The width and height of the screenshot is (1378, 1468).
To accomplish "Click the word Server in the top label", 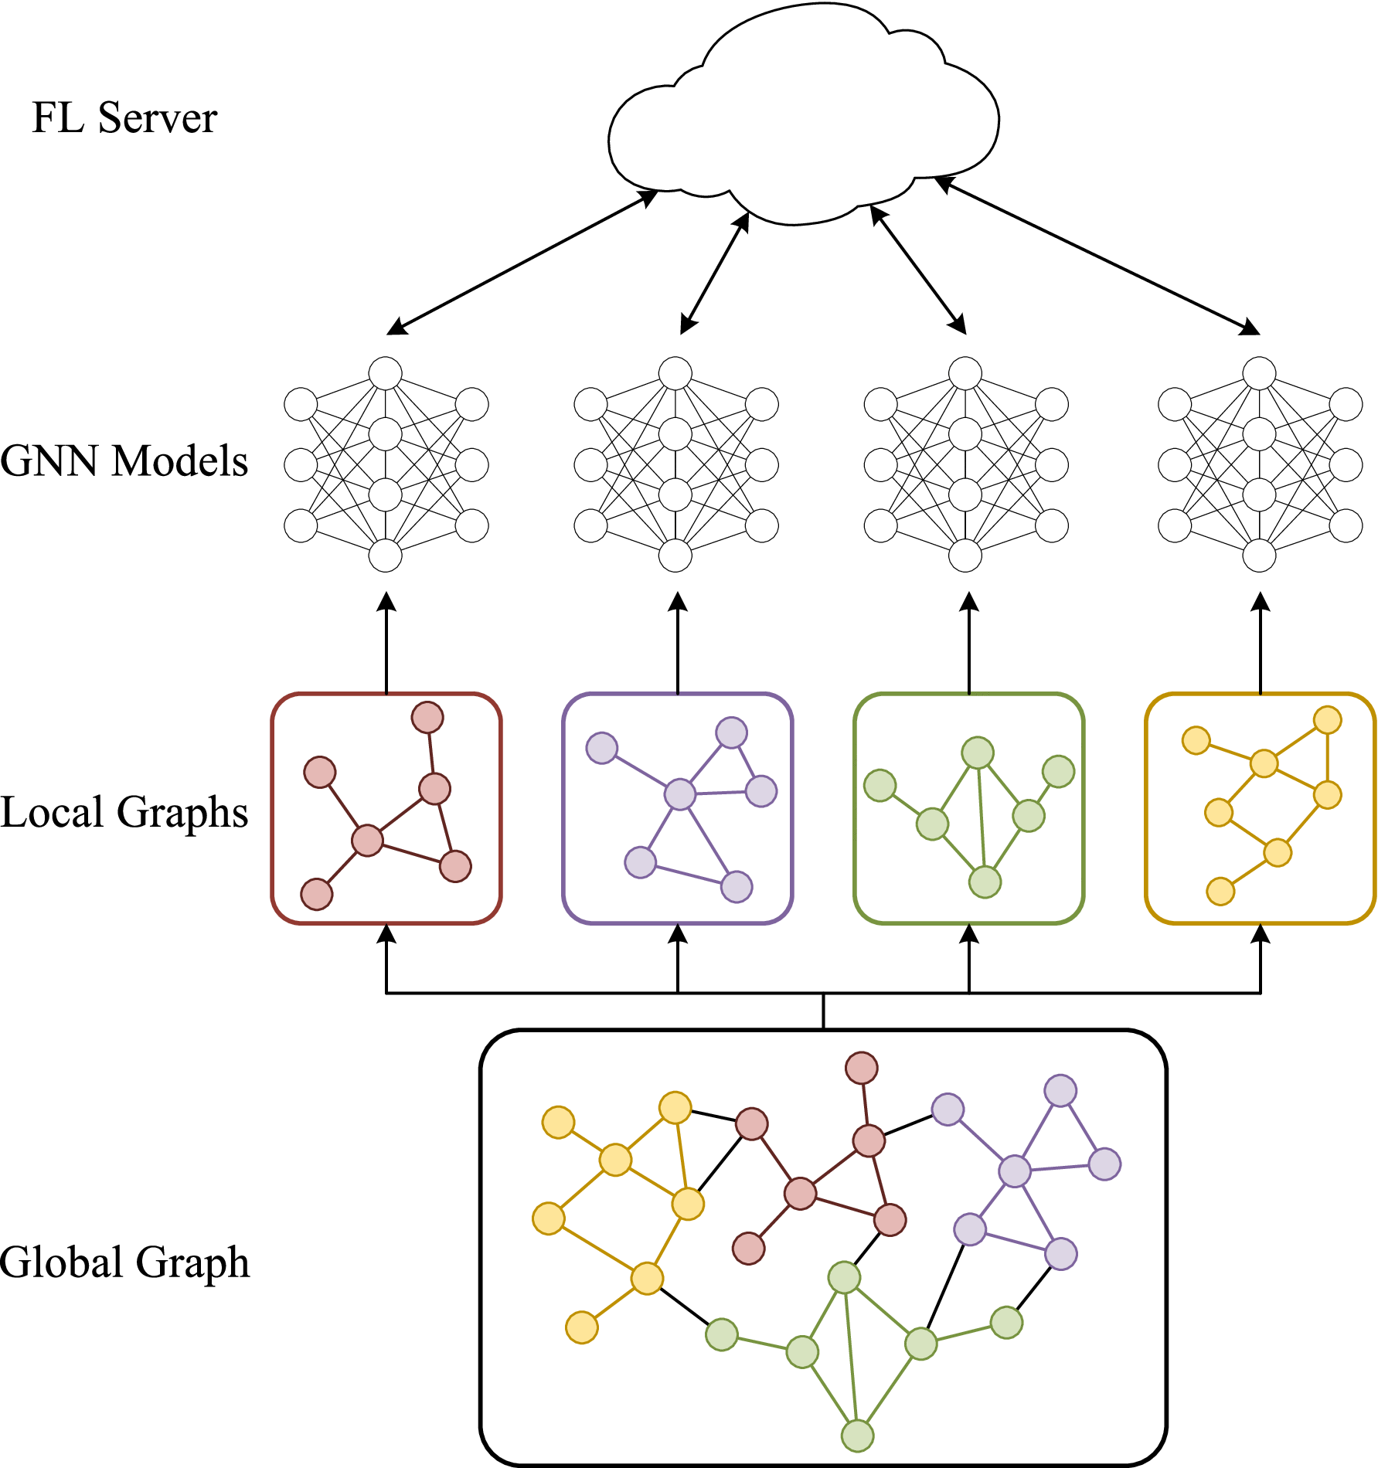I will [158, 118].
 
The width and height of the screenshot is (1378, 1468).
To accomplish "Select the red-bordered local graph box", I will [386, 808].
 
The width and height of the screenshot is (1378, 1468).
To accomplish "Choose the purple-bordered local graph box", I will [678, 808].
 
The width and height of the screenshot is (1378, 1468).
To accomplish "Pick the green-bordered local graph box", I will [969, 808].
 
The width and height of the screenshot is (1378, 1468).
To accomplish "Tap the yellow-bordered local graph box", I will [1261, 808].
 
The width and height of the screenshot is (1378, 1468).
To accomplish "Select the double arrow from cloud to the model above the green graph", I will [919, 270].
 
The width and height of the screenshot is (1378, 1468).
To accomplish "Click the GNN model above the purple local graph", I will [676, 464].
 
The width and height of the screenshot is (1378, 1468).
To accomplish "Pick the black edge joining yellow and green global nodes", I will [684, 1307].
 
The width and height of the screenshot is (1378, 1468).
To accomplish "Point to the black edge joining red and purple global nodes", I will [908, 1125].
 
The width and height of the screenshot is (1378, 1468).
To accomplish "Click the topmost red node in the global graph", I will [862, 1068].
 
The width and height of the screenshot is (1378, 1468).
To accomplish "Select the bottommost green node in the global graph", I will [857, 1436].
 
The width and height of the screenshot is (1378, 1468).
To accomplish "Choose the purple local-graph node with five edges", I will [680, 793].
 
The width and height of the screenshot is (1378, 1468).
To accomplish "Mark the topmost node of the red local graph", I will [427, 717].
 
